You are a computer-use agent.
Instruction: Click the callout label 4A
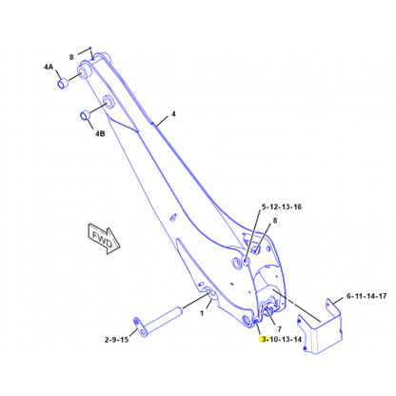[49, 67]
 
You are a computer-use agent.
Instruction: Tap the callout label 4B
[100, 133]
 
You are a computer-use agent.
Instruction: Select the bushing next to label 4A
[63, 84]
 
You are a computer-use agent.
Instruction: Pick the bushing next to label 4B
[85, 114]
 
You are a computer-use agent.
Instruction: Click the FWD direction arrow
[103, 238]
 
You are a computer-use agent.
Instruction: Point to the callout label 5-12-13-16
[282, 207]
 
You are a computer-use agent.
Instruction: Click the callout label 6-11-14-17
[366, 296]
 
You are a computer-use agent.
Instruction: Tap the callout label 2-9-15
[116, 340]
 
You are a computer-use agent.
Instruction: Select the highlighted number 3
[263, 340]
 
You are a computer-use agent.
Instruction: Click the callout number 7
[279, 329]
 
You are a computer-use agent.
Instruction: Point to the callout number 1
[202, 313]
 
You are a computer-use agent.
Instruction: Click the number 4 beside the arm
[173, 114]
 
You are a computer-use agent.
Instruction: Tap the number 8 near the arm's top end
[71, 57]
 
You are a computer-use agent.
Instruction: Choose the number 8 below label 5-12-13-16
[275, 220]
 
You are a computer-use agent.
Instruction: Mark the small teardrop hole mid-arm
[173, 217]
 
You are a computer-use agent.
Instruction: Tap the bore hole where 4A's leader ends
[85, 71]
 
